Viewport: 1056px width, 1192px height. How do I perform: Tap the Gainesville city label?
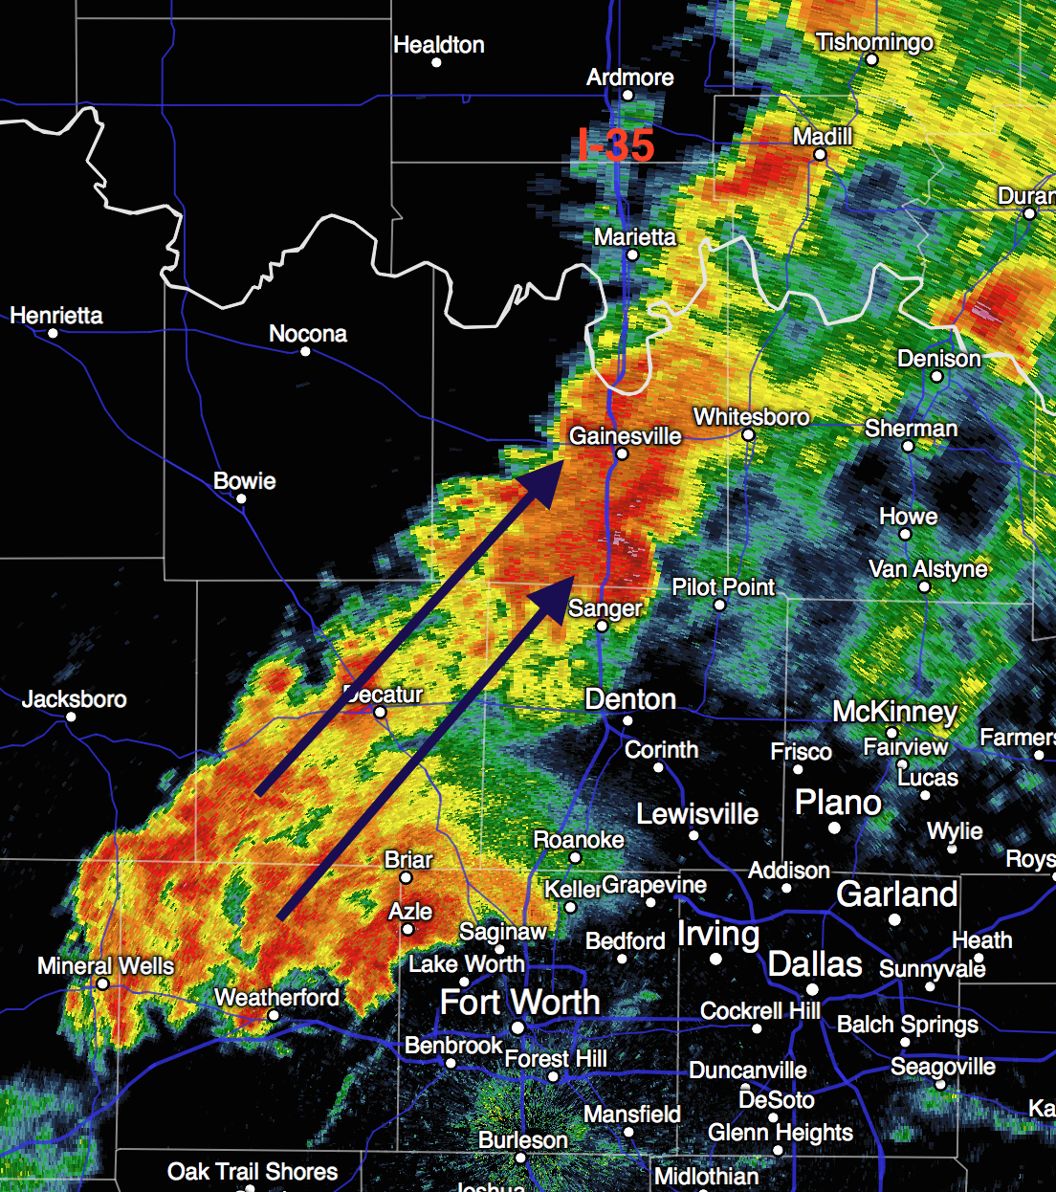pyautogui.click(x=626, y=435)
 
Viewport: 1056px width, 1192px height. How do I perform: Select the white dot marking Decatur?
pyautogui.click(x=380, y=712)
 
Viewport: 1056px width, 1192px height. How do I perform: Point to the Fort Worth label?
pyautogui.click(x=519, y=1002)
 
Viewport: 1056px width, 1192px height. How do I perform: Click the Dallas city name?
pyautogui.click(x=815, y=964)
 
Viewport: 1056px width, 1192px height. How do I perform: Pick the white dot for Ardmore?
pyautogui.click(x=627, y=95)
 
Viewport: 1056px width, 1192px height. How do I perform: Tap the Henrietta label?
pyautogui.click(x=56, y=316)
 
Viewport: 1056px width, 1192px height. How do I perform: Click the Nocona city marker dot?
pyautogui.click(x=305, y=351)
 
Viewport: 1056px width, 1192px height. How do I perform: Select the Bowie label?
pyautogui.click(x=245, y=480)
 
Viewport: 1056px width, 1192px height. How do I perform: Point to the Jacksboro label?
pyautogui.click(x=75, y=698)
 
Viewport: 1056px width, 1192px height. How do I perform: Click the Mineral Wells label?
pyautogui.click(x=105, y=965)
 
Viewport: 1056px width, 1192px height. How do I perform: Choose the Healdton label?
pyautogui.click(x=439, y=45)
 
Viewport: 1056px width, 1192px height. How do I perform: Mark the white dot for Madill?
pyautogui.click(x=820, y=154)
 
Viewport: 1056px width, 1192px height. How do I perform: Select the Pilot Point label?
pyautogui.click(x=723, y=586)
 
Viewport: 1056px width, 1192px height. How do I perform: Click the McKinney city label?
pyautogui.click(x=894, y=712)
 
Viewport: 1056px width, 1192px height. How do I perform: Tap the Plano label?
pyautogui.click(x=838, y=802)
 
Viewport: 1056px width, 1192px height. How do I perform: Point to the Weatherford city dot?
pyautogui.click(x=273, y=1015)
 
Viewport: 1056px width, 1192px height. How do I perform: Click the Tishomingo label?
pyautogui.click(x=874, y=42)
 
